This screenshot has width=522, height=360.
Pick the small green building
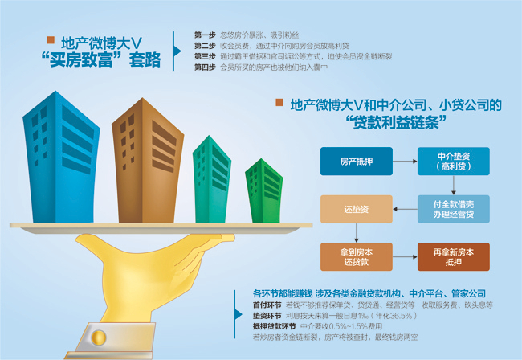tap(264, 190)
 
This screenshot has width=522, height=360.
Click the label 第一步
tap(205, 35)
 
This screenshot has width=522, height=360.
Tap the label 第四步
tap(205, 67)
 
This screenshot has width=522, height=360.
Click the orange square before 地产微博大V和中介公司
tap(279, 103)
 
